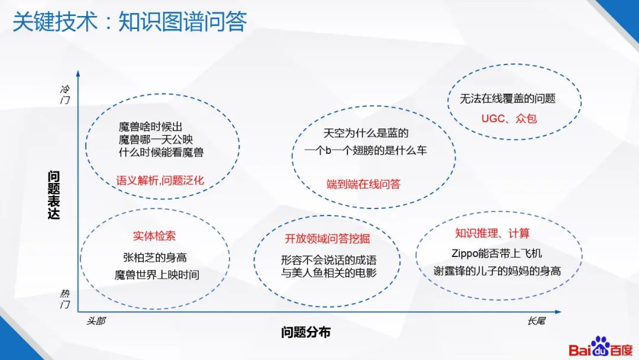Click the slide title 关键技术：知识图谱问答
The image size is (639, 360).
click(130, 22)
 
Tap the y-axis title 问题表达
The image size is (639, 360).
click(54, 195)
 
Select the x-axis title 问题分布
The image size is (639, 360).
click(305, 332)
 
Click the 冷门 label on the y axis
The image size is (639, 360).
click(66, 95)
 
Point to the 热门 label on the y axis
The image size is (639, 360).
click(66, 299)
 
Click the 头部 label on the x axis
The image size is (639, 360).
click(95, 320)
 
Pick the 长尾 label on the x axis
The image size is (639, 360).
click(536, 320)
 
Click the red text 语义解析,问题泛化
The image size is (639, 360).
click(160, 180)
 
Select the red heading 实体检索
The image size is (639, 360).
click(154, 236)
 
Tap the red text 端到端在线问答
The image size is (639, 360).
click(363, 184)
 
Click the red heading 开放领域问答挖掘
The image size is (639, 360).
click(327, 239)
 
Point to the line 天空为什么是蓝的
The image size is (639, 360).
click(366, 133)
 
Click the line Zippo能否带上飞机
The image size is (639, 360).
click(496, 253)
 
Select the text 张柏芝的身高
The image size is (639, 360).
click(155, 258)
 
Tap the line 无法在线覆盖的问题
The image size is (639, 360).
click(508, 99)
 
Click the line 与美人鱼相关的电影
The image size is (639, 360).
click(329, 273)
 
